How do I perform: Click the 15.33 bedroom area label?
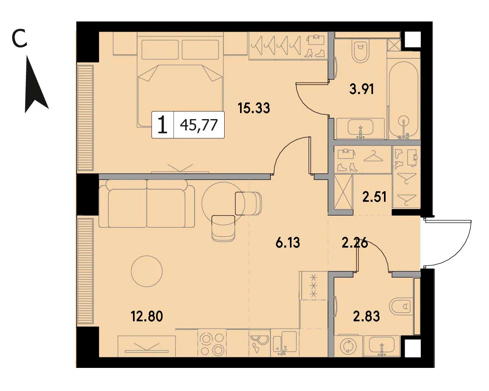coord(254,108)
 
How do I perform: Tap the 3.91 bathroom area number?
coord(362,89)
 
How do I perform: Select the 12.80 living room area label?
coord(147,316)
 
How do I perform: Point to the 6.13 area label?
coord(287,243)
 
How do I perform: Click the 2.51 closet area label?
coord(375,197)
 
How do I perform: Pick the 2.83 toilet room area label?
coord(366,316)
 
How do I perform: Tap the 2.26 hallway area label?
coord(355,243)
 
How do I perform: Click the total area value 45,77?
coord(199,125)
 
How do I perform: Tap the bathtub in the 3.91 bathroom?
coord(403,100)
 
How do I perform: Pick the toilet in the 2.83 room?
coord(401,307)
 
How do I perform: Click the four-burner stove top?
coord(212,343)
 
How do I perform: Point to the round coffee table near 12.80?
coord(147,271)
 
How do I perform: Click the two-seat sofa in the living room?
coord(147,203)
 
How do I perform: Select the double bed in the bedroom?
coord(180,80)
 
